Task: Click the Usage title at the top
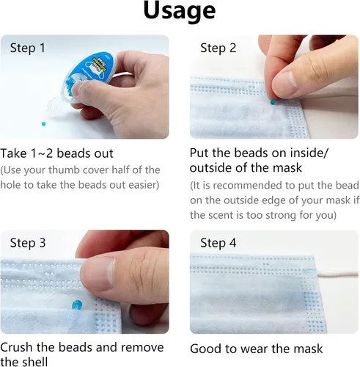(180, 12)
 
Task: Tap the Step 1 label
(28, 48)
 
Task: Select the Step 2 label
(218, 48)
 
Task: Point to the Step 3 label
(28, 243)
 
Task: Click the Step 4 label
(218, 243)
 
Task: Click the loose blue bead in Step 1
(44, 124)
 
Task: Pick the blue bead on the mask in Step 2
(273, 102)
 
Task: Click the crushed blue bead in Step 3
(77, 305)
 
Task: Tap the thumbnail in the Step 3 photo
(98, 273)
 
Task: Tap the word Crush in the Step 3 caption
(16, 347)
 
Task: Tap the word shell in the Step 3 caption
(34, 362)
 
